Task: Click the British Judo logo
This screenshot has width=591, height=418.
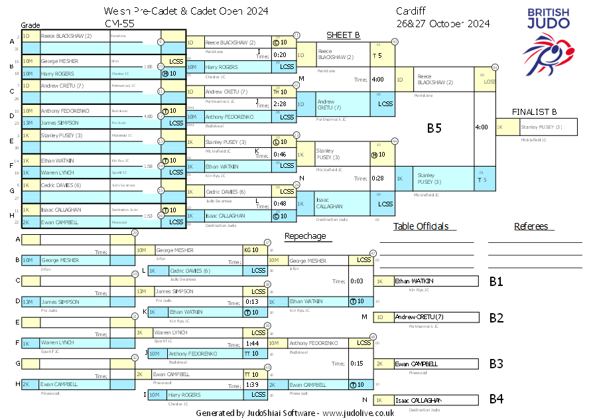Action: [549, 36]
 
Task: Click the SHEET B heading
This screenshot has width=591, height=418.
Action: [343, 35]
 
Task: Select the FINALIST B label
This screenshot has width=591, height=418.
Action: [534, 111]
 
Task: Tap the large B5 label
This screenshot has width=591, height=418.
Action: [434, 128]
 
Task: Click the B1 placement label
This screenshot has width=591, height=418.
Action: [496, 281]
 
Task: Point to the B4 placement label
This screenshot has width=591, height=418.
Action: [496, 399]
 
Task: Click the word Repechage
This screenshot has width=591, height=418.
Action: [305, 236]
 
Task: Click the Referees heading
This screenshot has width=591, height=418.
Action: [531, 226]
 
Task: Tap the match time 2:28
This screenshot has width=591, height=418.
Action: [279, 104]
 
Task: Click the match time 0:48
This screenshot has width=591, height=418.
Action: [279, 204]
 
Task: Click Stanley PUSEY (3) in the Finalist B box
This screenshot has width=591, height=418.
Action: [541, 127]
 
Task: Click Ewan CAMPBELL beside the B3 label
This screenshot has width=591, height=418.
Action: [416, 364]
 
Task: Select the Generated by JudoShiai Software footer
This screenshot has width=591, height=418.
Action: [295, 412]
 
